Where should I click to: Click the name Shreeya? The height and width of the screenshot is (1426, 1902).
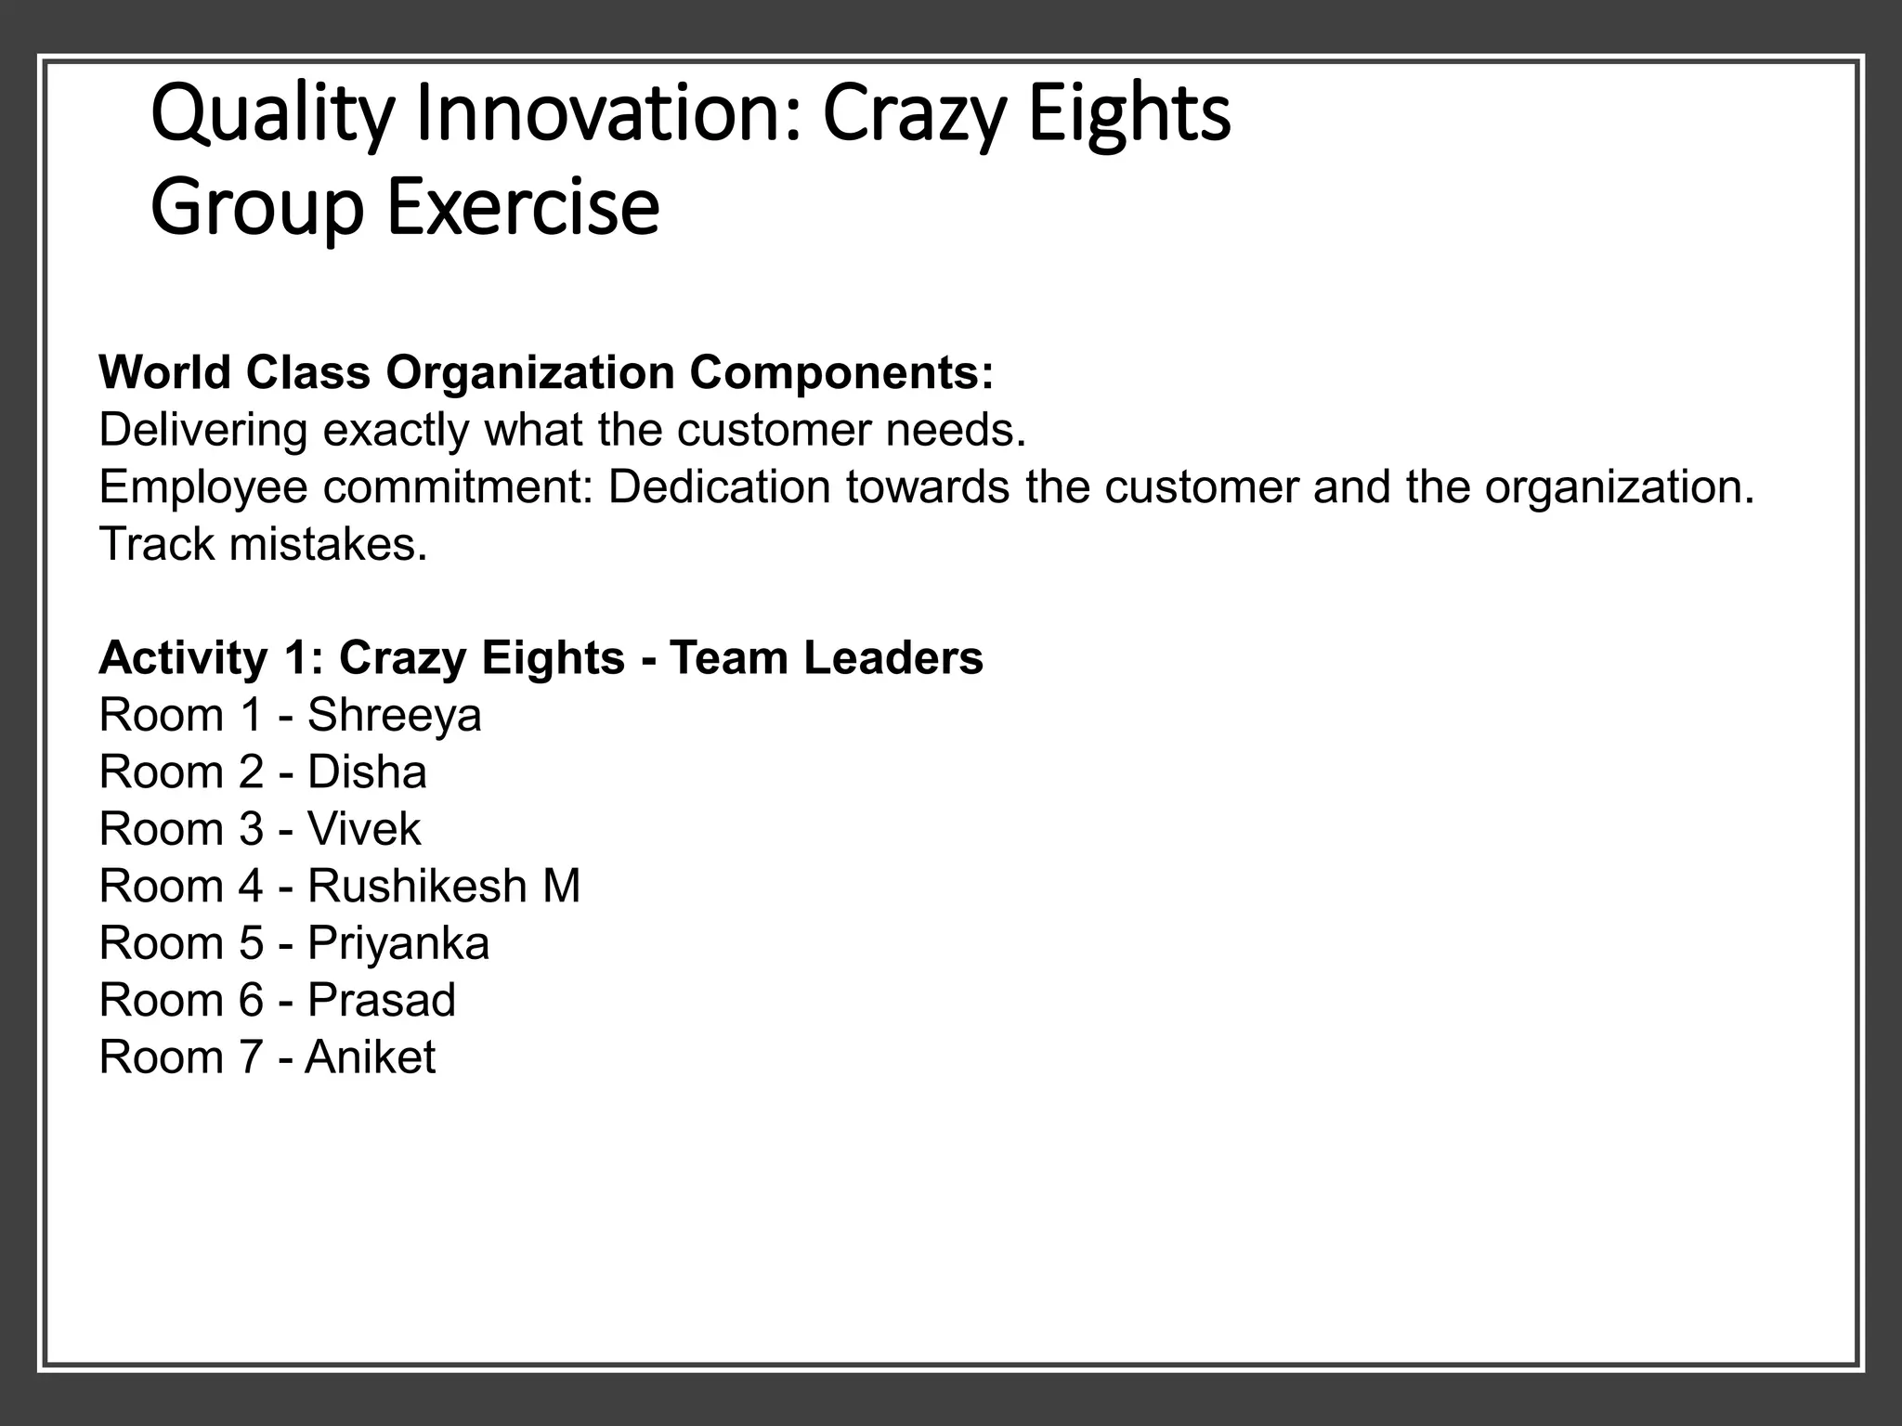tap(394, 716)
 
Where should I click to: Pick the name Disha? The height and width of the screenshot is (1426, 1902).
tap(367, 772)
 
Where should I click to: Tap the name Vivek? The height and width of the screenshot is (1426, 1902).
tap(364, 829)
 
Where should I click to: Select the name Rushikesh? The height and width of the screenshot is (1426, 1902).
tap(417, 886)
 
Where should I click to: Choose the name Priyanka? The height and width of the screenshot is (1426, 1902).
tap(397, 944)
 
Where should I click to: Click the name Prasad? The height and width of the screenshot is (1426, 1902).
tap(382, 1001)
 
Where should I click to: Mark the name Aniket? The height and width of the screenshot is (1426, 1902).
tap(370, 1057)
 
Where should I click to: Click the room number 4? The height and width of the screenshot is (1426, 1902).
tap(251, 886)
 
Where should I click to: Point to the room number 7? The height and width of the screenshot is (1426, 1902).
tap(251, 1057)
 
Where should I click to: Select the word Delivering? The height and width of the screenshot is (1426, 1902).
tap(202, 431)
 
